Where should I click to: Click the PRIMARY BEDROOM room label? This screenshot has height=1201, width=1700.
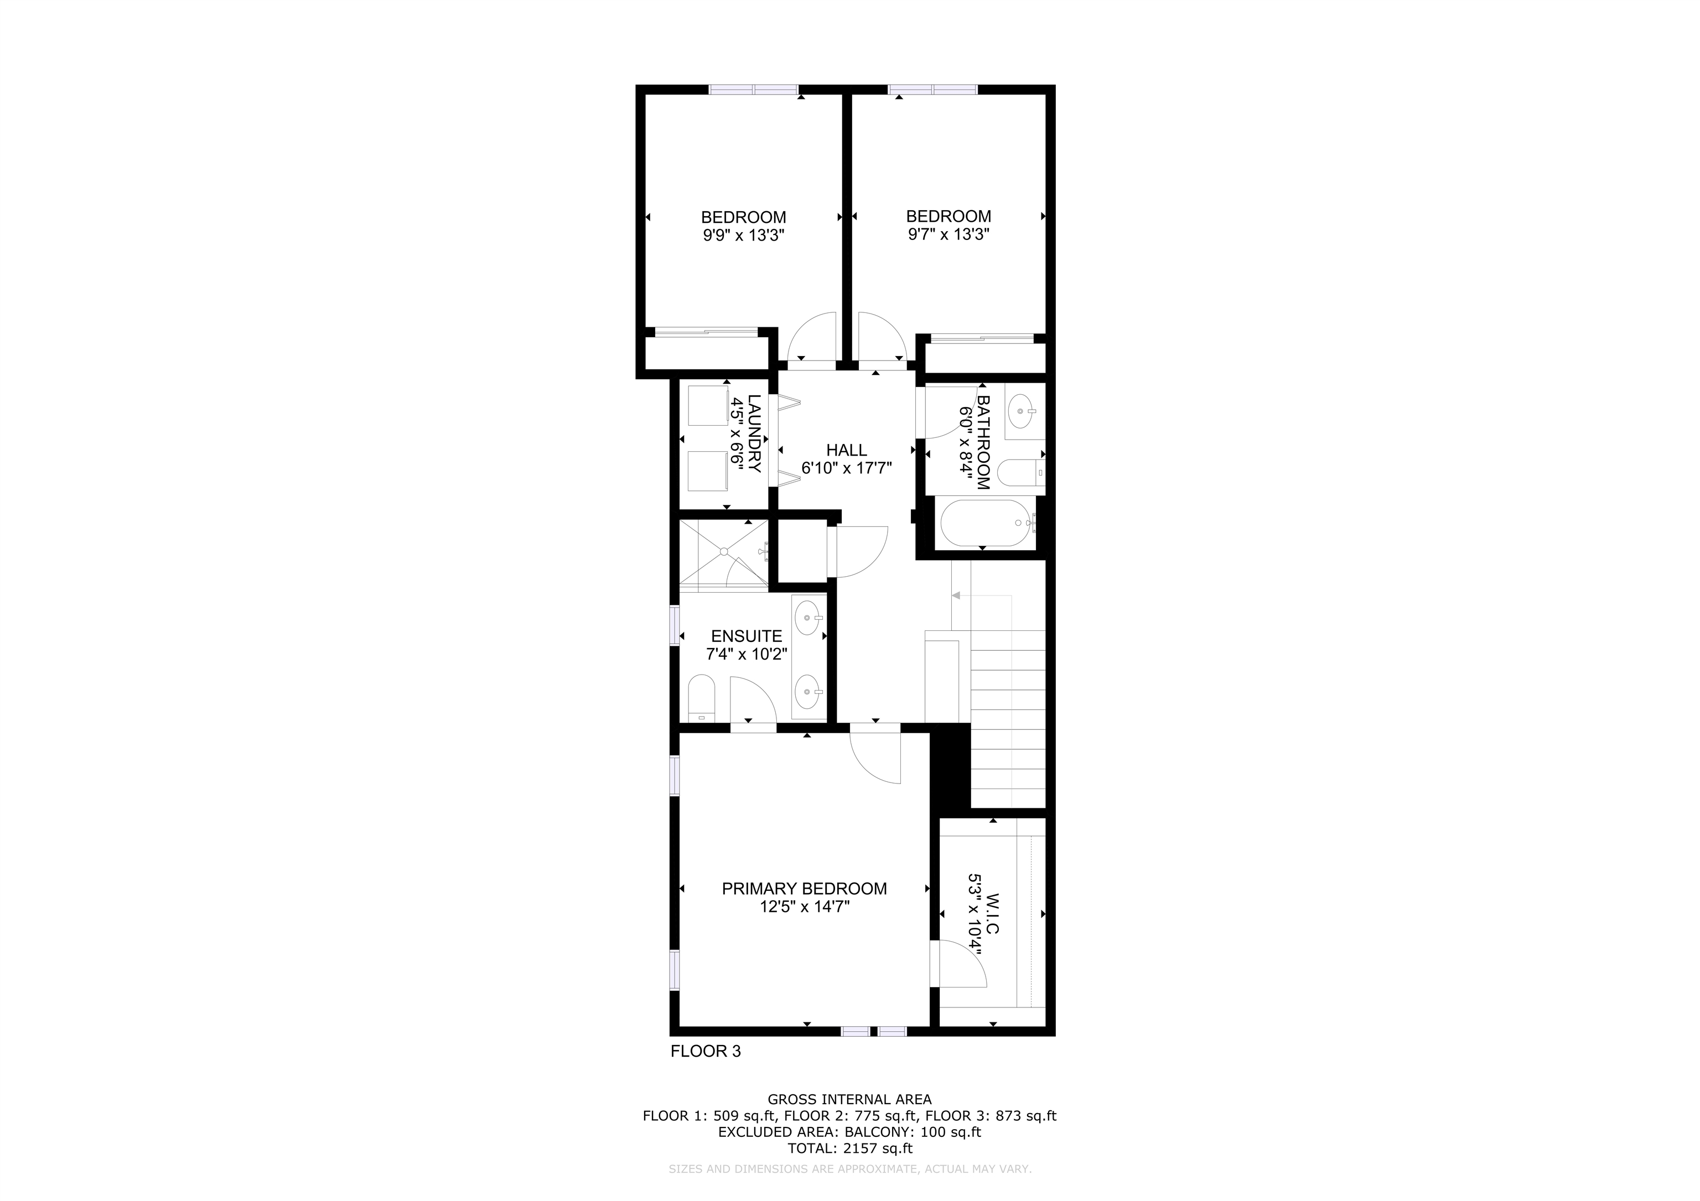tap(804, 889)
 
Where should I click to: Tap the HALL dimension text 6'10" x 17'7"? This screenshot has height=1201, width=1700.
tap(846, 468)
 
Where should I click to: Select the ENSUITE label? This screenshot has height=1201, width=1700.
tap(747, 636)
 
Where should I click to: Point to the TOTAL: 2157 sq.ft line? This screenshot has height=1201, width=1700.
tap(850, 1148)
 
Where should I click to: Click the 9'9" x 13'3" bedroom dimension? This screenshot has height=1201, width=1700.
tap(743, 236)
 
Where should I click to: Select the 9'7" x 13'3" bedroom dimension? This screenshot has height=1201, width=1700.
tap(949, 234)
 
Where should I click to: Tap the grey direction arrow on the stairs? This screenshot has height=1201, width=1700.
tap(956, 596)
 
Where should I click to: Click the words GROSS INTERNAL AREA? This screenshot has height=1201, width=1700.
tap(850, 1100)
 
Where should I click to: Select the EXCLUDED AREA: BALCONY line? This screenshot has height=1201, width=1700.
tap(850, 1132)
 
